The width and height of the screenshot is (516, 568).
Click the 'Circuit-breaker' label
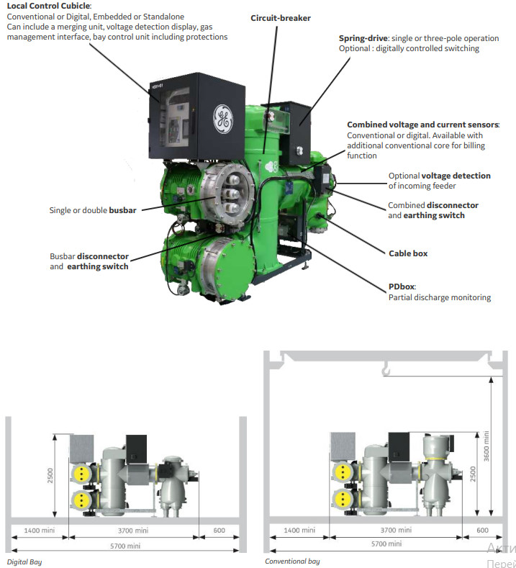click(280, 17)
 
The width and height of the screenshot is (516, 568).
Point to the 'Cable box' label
click(408, 253)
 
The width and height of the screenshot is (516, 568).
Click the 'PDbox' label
click(402, 287)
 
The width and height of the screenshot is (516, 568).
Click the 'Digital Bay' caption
click(24, 562)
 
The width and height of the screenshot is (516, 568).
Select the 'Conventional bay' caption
click(292, 562)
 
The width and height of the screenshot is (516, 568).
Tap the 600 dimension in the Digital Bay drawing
click(219, 531)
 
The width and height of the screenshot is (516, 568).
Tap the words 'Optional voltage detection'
click(440, 175)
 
